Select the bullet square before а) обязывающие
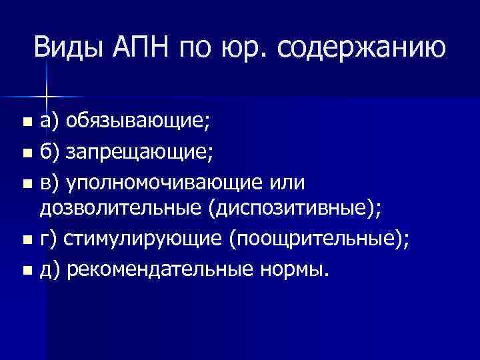tap(26, 123)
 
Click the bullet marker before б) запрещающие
tap(26, 153)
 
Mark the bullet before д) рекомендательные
tap(26, 269)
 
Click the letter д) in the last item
tap(49, 269)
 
